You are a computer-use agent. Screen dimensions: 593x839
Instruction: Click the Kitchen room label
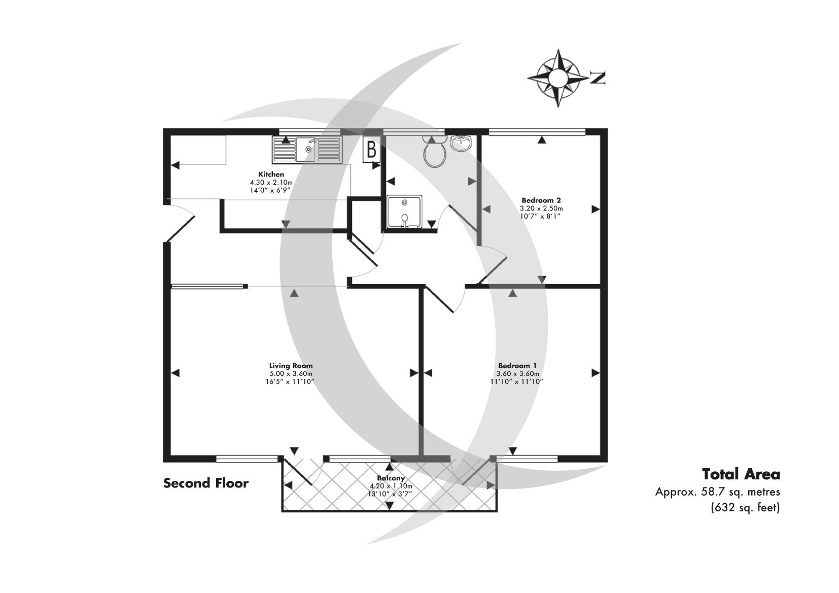(271, 175)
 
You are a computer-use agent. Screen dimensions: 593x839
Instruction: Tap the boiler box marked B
(371, 150)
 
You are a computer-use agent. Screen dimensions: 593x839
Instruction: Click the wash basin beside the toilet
(461, 143)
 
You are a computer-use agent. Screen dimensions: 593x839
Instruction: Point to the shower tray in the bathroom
(404, 212)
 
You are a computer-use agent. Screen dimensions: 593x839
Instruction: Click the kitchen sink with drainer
(307, 149)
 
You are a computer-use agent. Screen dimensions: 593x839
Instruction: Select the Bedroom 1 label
(517, 366)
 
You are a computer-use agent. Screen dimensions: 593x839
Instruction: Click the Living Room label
(291, 366)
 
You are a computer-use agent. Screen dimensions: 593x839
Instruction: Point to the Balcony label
(391, 478)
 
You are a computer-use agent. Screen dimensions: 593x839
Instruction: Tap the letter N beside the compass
(598, 78)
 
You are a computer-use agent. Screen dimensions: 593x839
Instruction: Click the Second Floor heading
(205, 483)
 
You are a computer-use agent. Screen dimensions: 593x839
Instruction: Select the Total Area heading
(741, 474)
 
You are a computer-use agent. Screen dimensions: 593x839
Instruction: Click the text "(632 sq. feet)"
(744, 507)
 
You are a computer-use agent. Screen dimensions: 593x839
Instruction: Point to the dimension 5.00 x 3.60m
(291, 373)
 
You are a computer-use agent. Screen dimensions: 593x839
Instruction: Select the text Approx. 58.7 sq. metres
(717, 492)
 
